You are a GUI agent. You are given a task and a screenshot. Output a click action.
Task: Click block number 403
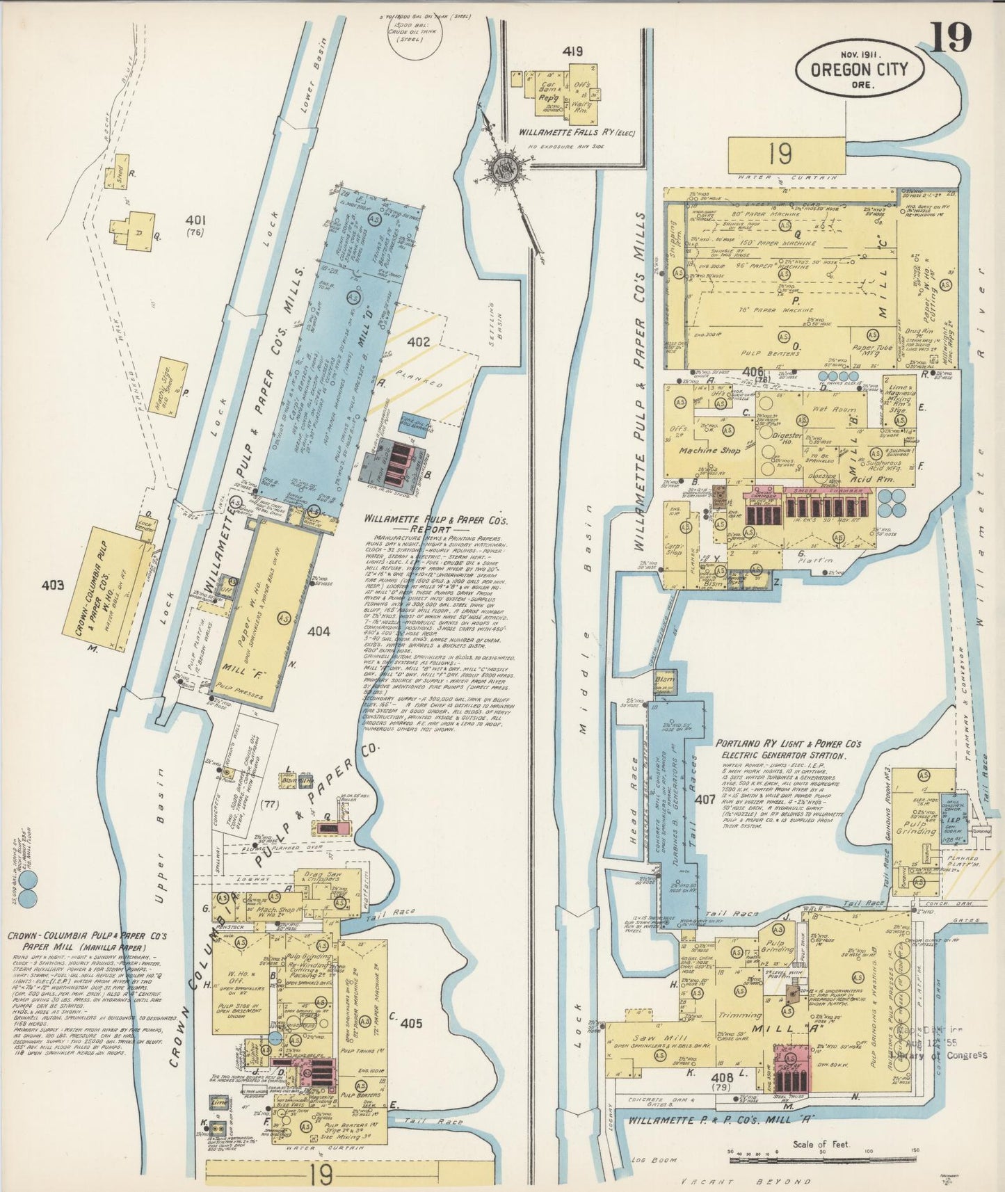pyautogui.click(x=52, y=585)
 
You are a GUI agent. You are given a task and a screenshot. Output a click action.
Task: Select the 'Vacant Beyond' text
pyautogui.click(x=746, y=1181)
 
